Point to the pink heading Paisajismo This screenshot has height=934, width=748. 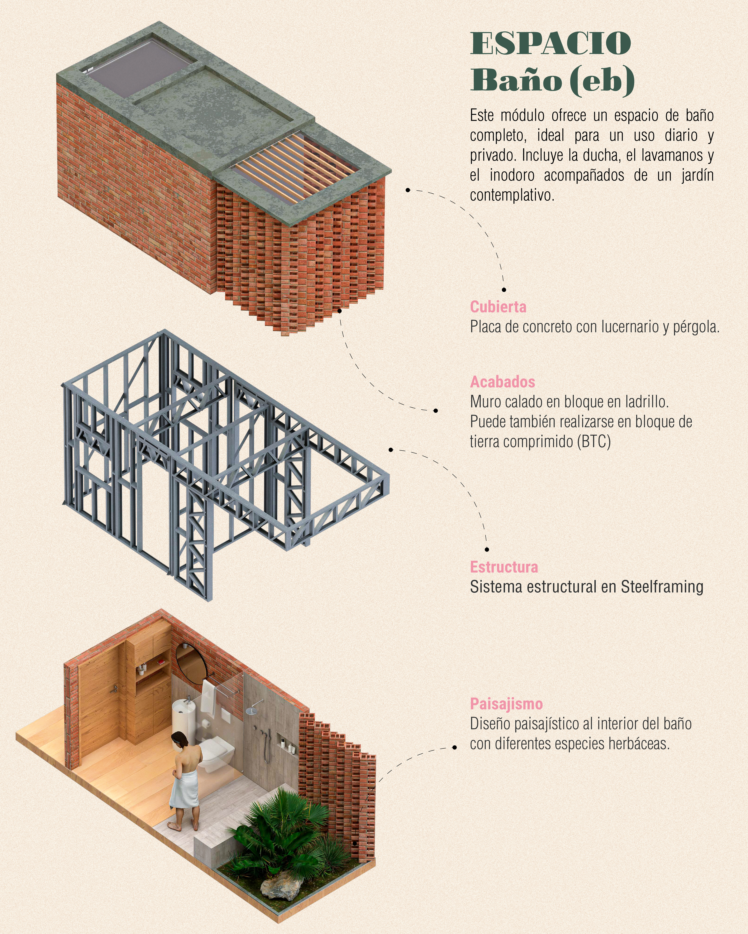(x=506, y=704)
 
